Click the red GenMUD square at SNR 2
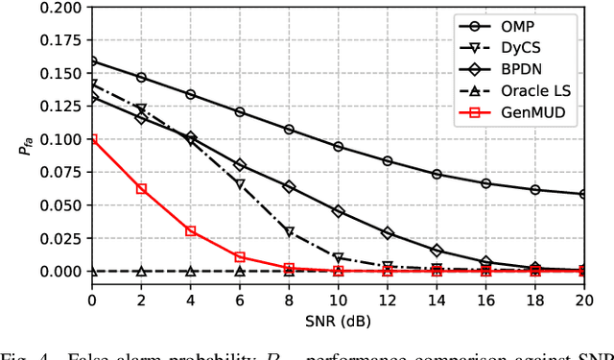point(141,189)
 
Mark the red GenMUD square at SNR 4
point(191,231)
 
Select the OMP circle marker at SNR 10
point(338,147)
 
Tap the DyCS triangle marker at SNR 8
point(290,232)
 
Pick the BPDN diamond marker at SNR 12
point(388,233)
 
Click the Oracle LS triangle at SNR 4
point(191,272)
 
